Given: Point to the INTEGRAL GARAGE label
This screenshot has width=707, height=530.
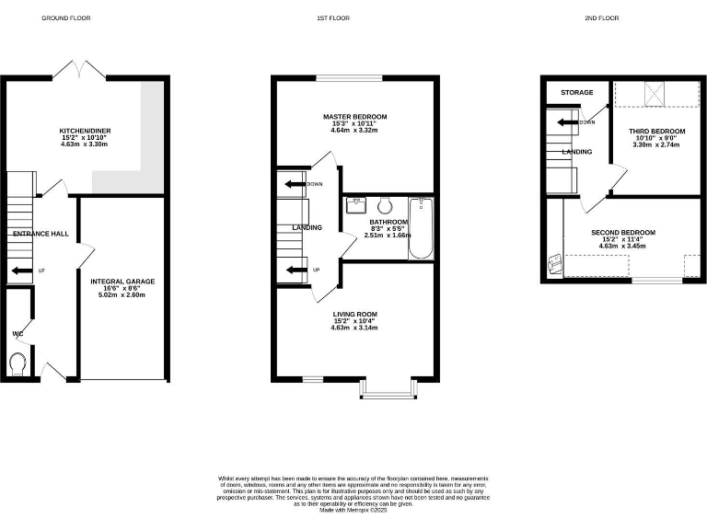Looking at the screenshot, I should tap(122, 282).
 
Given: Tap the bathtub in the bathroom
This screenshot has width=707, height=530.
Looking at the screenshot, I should tap(420, 228).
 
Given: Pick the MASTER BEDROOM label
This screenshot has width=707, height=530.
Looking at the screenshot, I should tap(354, 117).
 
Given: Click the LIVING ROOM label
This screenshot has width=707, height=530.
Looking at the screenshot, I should tap(354, 315).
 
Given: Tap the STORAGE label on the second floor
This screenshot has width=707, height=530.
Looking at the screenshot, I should tap(577, 93).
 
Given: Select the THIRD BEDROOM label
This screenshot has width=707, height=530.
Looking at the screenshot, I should tap(656, 132).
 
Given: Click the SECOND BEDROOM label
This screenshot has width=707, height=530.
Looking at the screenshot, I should tap(622, 233).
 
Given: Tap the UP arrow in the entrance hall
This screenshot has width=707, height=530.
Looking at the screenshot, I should tap(18, 271).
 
